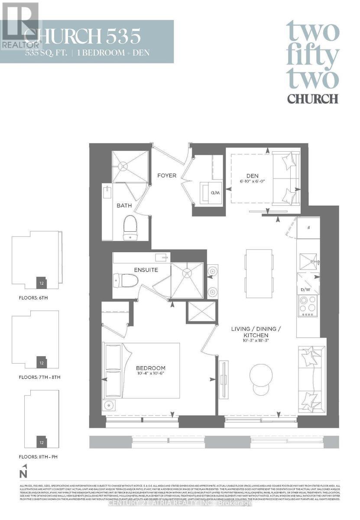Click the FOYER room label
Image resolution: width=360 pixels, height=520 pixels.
click(167, 175)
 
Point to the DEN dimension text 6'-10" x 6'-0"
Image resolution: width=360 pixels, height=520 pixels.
click(253, 182)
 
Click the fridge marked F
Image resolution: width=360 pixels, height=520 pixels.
click(307, 227)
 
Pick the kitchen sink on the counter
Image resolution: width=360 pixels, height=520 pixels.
click(308, 261)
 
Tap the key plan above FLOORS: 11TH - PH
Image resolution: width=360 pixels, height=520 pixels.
click(42, 419)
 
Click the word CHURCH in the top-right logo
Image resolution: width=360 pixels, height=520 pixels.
click(312, 98)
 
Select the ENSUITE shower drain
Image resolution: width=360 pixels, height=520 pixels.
click(187, 273)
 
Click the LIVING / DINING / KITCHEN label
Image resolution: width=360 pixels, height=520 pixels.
click(256, 332)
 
